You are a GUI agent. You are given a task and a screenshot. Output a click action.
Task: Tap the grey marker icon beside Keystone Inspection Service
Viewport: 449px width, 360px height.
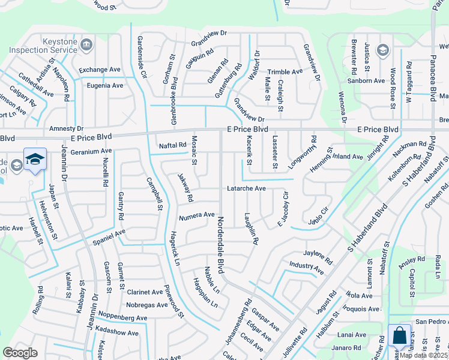[x=86, y=44]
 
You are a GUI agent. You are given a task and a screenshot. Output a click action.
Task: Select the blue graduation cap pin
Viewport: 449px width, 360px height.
[x=35, y=160]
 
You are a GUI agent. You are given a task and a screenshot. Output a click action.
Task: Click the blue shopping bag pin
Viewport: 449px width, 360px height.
[x=399, y=337]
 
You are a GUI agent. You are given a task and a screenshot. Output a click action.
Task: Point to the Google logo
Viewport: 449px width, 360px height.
[x=20, y=353]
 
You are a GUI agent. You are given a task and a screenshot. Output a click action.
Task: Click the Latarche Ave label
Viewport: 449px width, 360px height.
[x=246, y=188]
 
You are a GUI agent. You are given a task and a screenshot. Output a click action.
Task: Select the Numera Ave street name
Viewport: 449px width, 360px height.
[x=196, y=214]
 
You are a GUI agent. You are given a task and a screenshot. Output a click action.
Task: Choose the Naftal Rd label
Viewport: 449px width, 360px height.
[x=173, y=146]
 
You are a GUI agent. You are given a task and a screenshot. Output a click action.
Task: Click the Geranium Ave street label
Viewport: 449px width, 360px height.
[x=91, y=151]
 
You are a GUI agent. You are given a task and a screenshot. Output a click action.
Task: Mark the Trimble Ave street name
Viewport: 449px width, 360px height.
[x=285, y=71]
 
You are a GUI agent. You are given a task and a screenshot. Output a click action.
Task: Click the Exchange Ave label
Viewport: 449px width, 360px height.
[x=100, y=70]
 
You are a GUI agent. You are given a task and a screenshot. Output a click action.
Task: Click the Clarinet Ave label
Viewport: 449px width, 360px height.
[x=145, y=292]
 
